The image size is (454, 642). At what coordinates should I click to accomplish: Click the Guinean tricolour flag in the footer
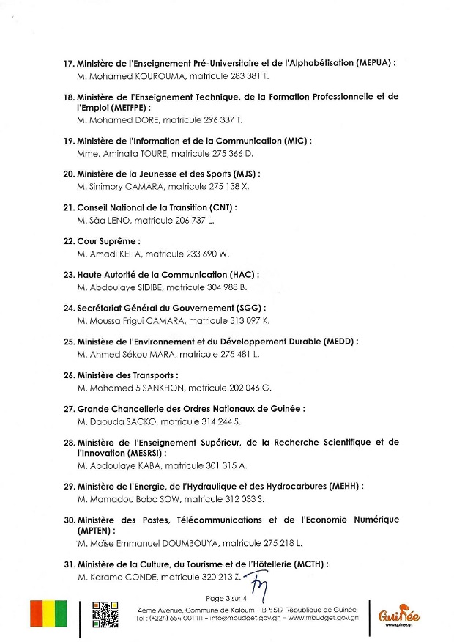pyautogui.click(x=48, y=613)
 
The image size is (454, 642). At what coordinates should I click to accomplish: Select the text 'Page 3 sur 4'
pyautogui.click(x=228, y=599)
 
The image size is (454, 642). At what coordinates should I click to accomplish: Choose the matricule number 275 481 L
pyautogui.click(x=229, y=354)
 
